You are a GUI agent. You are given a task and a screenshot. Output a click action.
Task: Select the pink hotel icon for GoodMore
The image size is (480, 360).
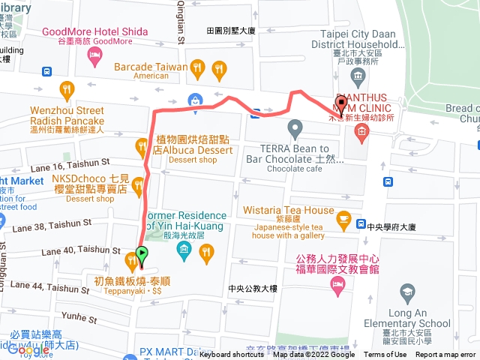(95, 57)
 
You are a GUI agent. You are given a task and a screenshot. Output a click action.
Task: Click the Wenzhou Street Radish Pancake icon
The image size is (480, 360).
(67, 91)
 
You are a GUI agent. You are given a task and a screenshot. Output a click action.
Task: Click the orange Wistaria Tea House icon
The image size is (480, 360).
(344, 219)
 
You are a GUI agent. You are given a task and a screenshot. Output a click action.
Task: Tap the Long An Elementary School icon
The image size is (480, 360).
(408, 292)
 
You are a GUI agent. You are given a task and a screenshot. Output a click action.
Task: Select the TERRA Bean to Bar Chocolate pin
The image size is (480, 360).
(295, 130)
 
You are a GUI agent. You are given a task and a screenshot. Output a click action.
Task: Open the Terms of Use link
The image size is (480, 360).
(385, 355)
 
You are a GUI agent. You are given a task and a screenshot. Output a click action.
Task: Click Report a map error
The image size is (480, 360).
(445, 355)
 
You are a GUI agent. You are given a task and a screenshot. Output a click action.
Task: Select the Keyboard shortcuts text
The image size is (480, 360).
(231, 355)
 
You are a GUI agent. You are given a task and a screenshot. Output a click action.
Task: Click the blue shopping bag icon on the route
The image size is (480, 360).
(195, 99)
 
